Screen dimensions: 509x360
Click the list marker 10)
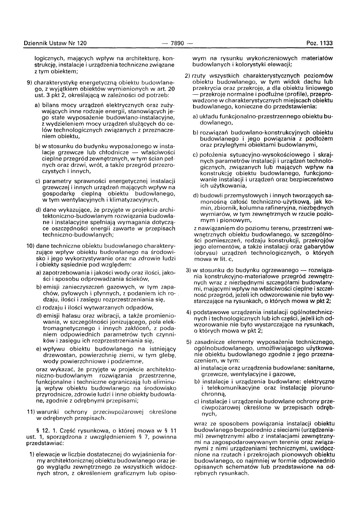click(31, 245)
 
